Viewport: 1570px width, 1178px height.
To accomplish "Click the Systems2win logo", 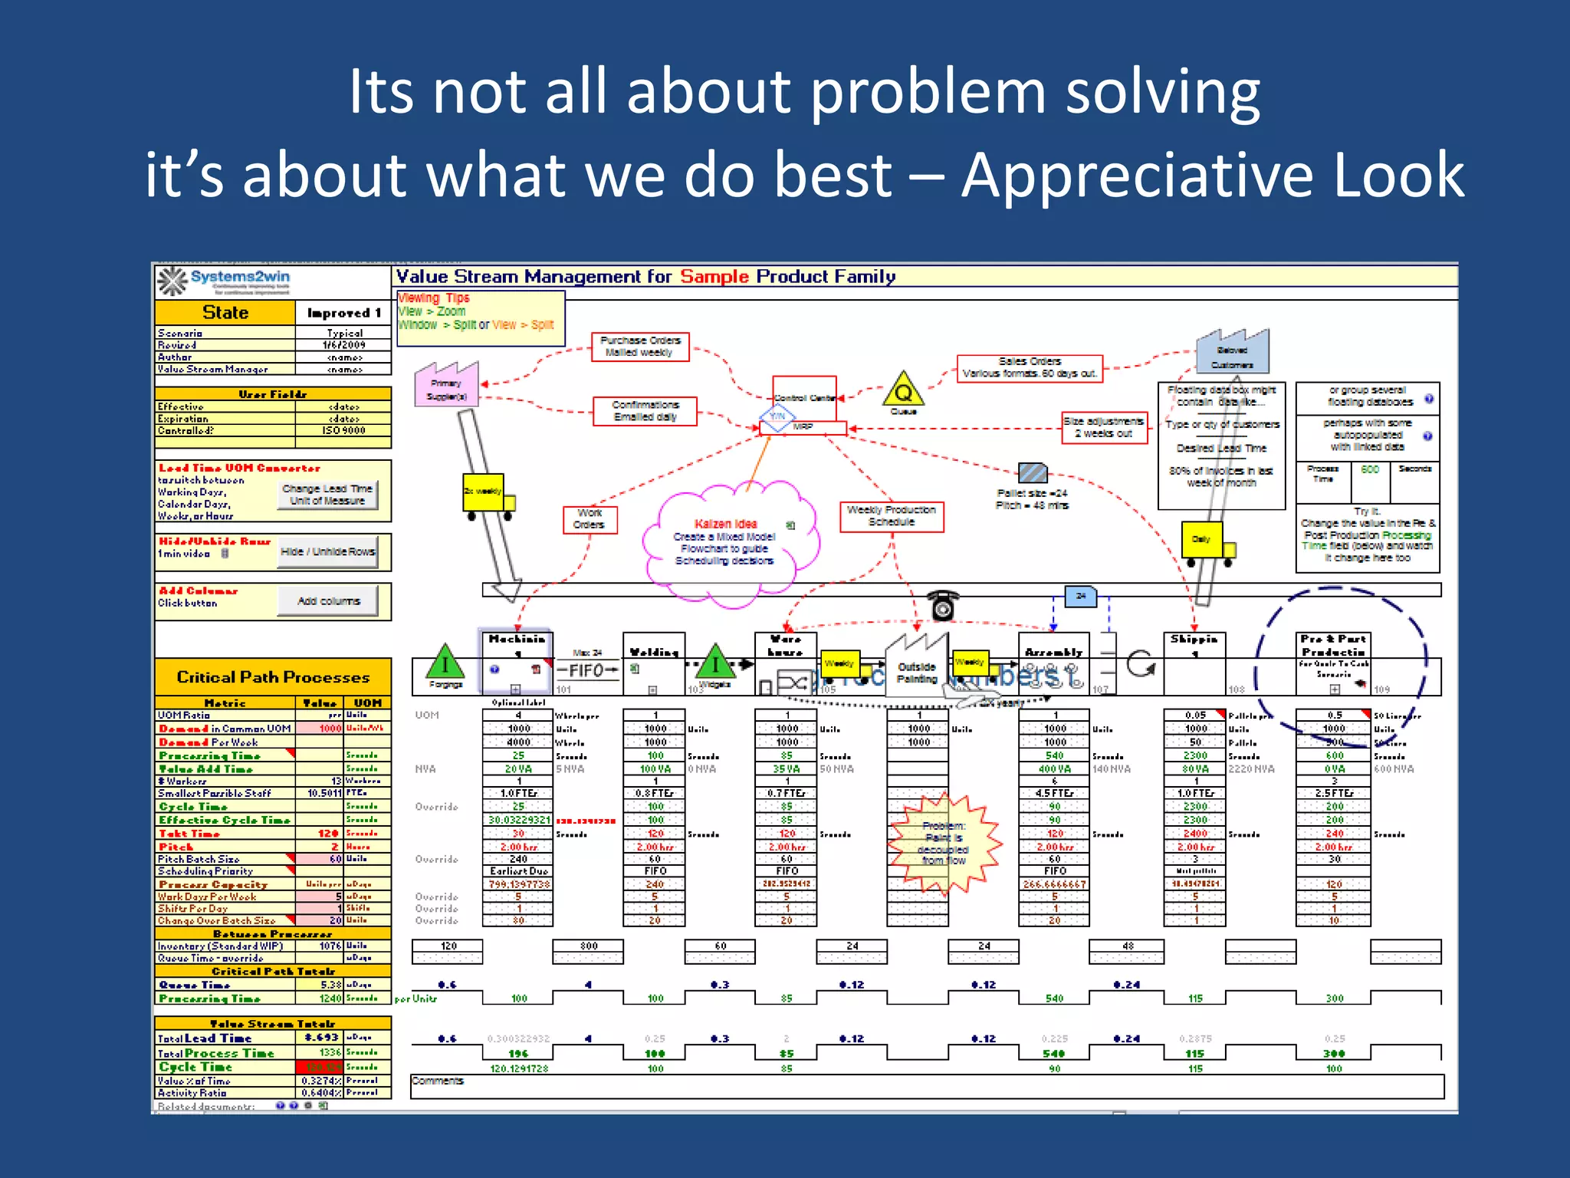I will pos(225,281).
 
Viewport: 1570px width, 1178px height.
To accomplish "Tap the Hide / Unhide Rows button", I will pos(327,552).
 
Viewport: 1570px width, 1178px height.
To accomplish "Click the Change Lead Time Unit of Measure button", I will pos(327,495).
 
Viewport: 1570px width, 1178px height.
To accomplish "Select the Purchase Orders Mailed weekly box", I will pos(640,347).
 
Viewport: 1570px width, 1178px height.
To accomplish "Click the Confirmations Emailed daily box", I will pos(645,411).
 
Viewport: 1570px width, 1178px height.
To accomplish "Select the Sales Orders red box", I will pos(1030,368).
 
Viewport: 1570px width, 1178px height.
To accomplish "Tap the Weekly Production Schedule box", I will pos(892,516).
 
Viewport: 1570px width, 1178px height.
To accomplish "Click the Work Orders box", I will pos(589,519).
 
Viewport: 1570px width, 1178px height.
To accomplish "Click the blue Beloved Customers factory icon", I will pos(1233,353).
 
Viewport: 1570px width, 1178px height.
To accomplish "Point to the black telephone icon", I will pos(943,605).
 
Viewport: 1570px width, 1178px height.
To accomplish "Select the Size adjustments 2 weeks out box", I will pos(1104,427).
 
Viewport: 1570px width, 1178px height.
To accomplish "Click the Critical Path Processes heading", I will pos(273,677).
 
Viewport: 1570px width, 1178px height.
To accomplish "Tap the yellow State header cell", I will pos(225,313).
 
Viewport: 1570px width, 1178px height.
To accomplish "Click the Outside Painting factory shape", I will pos(917,667).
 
